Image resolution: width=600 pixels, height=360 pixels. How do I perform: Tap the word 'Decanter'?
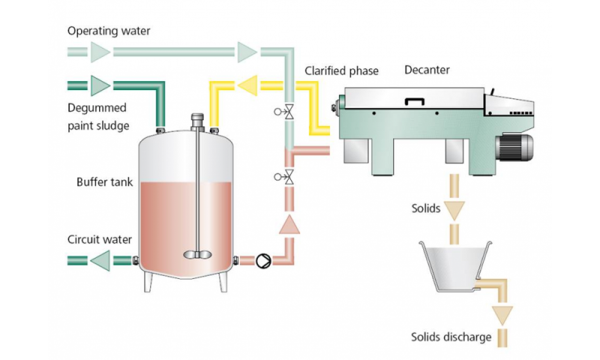(x=427, y=71)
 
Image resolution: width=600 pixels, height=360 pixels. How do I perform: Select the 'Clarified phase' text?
(x=341, y=71)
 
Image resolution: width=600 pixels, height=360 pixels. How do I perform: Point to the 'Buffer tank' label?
(x=104, y=182)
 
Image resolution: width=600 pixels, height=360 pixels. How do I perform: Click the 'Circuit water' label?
(x=100, y=240)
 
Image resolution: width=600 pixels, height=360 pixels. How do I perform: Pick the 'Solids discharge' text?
(x=451, y=337)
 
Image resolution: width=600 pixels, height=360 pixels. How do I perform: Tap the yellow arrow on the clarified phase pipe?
(x=247, y=86)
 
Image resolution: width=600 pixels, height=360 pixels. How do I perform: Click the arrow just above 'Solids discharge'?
(x=500, y=313)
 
